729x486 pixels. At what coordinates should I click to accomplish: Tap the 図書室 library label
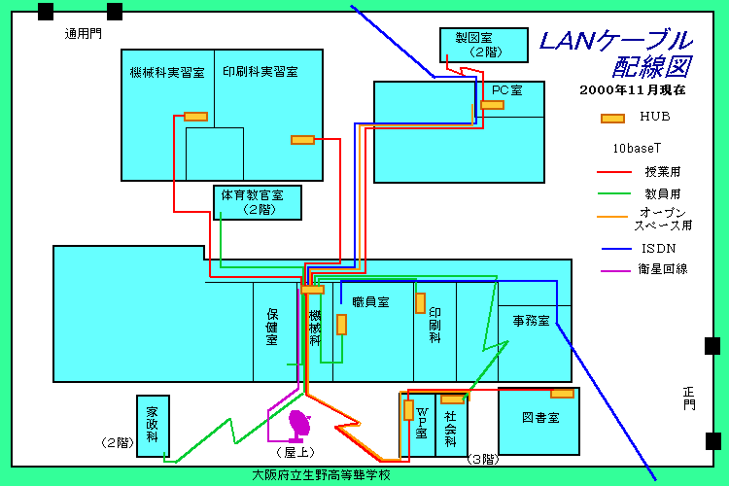pyautogui.click(x=539, y=417)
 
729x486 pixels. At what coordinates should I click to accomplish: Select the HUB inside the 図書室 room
pyautogui.click(x=562, y=393)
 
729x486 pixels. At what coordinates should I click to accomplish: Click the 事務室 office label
pyautogui.click(x=531, y=321)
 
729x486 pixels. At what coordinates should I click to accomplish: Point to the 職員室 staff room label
pyautogui.click(x=370, y=302)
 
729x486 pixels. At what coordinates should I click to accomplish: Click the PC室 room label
pyautogui.click(x=506, y=90)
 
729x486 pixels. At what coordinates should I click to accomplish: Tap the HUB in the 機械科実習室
pyautogui.click(x=195, y=117)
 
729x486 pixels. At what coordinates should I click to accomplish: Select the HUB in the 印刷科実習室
pyautogui.click(x=302, y=140)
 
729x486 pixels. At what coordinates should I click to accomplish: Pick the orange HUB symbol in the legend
pyautogui.click(x=612, y=119)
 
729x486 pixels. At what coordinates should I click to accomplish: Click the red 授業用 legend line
pyautogui.click(x=614, y=171)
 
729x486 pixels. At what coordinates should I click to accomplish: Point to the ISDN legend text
pyautogui.click(x=658, y=248)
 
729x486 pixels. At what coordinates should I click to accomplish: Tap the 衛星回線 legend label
pyautogui.click(x=662, y=268)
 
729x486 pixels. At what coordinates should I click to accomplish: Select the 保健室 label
pyautogui.click(x=272, y=327)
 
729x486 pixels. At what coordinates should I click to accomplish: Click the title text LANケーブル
pyautogui.click(x=615, y=41)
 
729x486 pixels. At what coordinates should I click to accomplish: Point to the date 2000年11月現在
pyautogui.click(x=632, y=89)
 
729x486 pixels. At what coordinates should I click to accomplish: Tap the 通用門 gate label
pyautogui.click(x=83, y=34)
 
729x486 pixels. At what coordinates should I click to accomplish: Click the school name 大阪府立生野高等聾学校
pyautogui.click(x=321, y=475)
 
